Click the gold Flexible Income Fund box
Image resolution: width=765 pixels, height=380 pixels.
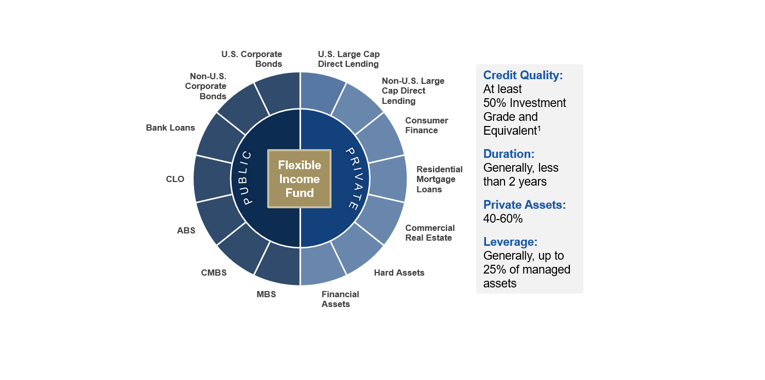pos(299,179)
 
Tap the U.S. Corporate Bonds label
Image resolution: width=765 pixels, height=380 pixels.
pos(252,59)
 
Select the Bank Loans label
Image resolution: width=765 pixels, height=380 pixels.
pos(170,128)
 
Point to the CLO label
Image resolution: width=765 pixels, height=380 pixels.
pos(175,179)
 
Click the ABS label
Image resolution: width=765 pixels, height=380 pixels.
pos(186,230)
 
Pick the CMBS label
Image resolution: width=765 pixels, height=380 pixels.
pos(214,273)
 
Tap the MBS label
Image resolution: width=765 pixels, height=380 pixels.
pos(266,294)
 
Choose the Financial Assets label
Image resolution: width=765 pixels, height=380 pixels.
pos(340,299)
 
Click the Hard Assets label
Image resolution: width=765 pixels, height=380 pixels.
pos(399,273)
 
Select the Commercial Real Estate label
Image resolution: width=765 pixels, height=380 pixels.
pos(430,233)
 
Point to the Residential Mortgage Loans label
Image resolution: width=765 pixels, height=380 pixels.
pos(440,179)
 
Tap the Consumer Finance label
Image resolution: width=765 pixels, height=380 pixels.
pos(427,125)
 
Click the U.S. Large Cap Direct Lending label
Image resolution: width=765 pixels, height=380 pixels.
pos(349,59)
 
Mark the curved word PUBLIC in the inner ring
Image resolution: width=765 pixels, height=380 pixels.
pos(247,178)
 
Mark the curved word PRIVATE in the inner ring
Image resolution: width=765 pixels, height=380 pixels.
pos(357,179)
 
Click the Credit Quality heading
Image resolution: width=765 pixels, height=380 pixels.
pos(523,76)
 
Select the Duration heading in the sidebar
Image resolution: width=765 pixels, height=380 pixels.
pos(509,154)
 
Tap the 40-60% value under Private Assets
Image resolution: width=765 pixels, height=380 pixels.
pos(503,219)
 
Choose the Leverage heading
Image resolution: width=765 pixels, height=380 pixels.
pos(510,242)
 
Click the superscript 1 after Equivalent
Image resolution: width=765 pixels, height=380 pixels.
pos(539,129)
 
